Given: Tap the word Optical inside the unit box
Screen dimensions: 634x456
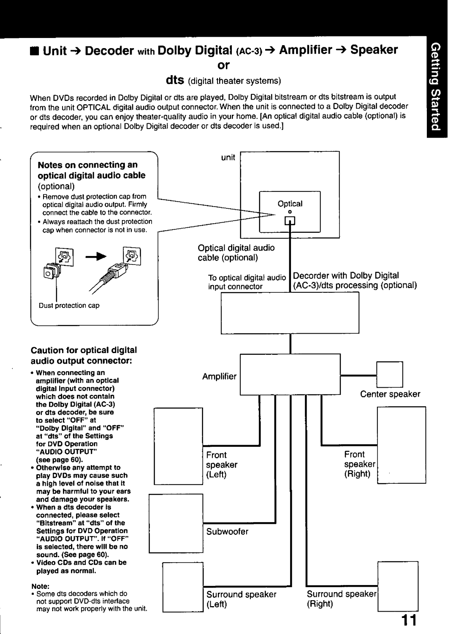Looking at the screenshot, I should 290,203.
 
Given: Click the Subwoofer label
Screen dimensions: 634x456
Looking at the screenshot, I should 227,531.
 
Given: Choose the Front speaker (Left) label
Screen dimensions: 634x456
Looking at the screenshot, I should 221,464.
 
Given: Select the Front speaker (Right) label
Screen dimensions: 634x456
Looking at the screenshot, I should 359,464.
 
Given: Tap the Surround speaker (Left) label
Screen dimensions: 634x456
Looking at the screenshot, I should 241,599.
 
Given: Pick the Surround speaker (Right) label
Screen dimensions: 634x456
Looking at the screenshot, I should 341,599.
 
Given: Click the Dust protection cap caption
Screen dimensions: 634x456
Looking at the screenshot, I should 69,305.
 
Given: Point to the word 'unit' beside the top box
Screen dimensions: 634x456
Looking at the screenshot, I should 228,157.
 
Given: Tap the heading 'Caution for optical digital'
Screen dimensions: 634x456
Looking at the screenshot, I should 83,350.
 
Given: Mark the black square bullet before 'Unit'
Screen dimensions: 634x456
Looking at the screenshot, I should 35,51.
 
